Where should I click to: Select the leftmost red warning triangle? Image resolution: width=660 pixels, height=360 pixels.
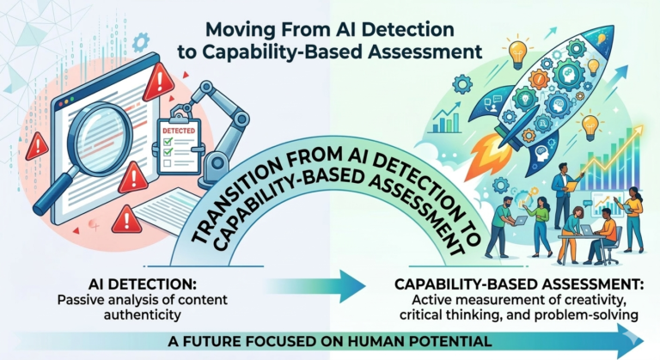[37, 147]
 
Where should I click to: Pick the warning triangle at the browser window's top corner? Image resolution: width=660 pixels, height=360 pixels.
[158, 84]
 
